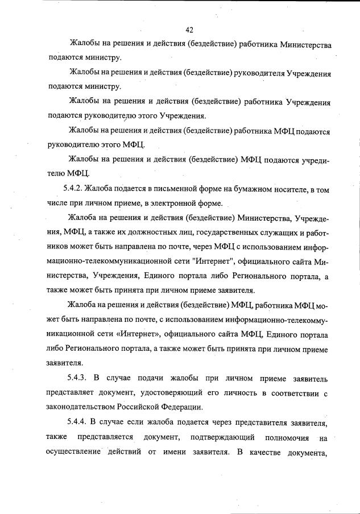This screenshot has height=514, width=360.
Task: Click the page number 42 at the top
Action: (x=190, y=30)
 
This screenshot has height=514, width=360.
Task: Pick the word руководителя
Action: (x=256, y=73)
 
